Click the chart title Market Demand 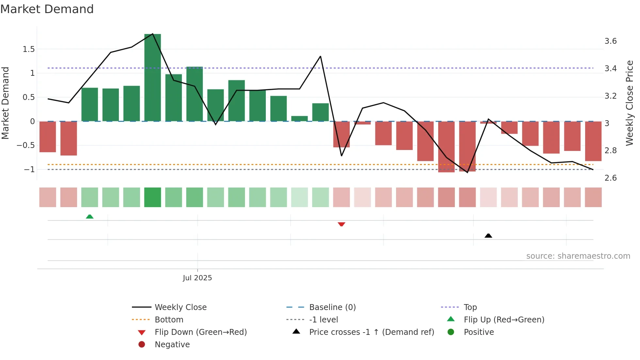[47, 9]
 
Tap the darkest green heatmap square [152, 197]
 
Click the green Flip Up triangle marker [89, 217]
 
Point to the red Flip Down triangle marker [341, 224]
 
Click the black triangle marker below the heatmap [488, 236]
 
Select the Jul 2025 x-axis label [197, 278]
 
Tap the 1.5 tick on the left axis [28, 49]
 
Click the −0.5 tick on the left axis [26, 145]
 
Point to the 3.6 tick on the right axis [610, 41]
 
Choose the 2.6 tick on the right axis [610, 178]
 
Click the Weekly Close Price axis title [629, 103]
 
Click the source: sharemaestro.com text [578, 256]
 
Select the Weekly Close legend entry [180, 307]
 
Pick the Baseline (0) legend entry [332, 307]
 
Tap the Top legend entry [470, 307]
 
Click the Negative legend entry [172, 345]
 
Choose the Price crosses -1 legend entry [371, 332]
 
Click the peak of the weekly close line [152, 34]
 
